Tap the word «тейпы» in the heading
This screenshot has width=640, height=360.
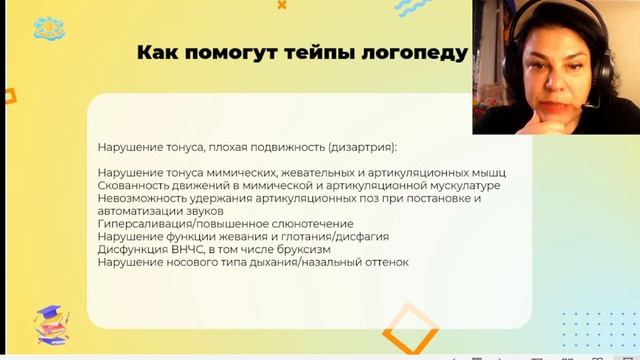[310, 52]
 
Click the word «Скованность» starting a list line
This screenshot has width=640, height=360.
[135, 185]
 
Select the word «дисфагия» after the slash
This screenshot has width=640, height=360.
[361, 237]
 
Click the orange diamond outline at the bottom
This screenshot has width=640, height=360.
[411, 329]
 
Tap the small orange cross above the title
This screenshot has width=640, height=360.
[282, 5]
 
